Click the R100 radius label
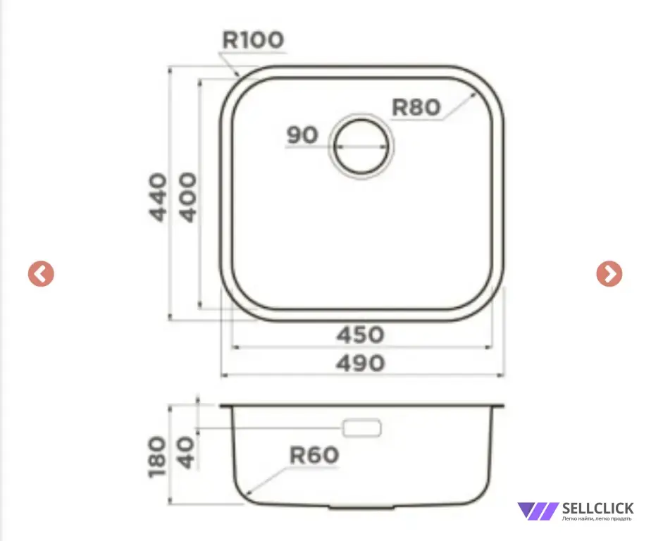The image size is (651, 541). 253,40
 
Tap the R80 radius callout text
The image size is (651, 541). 416,107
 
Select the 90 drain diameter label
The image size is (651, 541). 302,135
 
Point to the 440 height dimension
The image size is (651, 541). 159,197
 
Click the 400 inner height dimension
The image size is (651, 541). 188,197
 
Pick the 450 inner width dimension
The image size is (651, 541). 361,335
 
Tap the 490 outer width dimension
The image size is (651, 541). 361,363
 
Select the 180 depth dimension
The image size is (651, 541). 157,456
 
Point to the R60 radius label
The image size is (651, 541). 314,455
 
